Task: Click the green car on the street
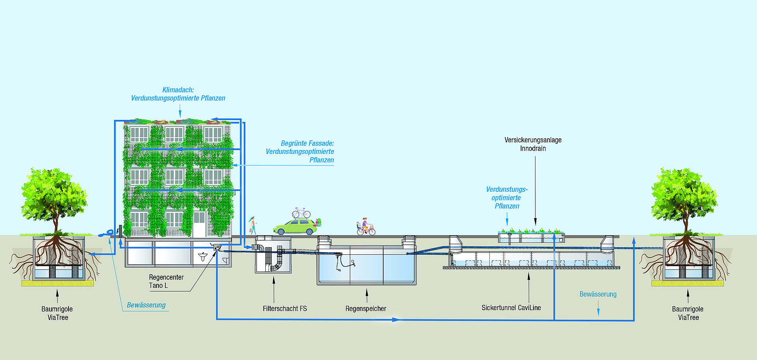coord(295,228)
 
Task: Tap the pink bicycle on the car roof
coord(301,213)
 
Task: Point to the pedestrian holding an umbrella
coord(253,225)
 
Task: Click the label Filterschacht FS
coord(285,309)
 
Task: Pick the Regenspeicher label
coord(366,309)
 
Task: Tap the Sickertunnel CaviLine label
coord(511,308)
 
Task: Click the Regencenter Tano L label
coord(166,281)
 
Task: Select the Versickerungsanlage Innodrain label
coord(533,144)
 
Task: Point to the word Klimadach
coord(178,90)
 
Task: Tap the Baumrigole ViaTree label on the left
coord(57,313)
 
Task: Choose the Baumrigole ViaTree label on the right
coord(688,313)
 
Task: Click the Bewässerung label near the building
coord(146,305)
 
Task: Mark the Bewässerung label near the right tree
coord(598,294)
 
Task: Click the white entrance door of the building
coord(199,224)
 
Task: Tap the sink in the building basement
coord(203,256)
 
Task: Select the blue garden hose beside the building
coord(106,234)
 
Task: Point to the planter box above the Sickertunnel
coord(531,237)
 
